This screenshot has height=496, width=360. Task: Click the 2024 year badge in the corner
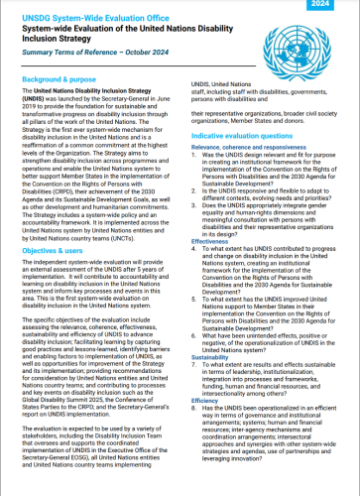pos(337,5)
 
